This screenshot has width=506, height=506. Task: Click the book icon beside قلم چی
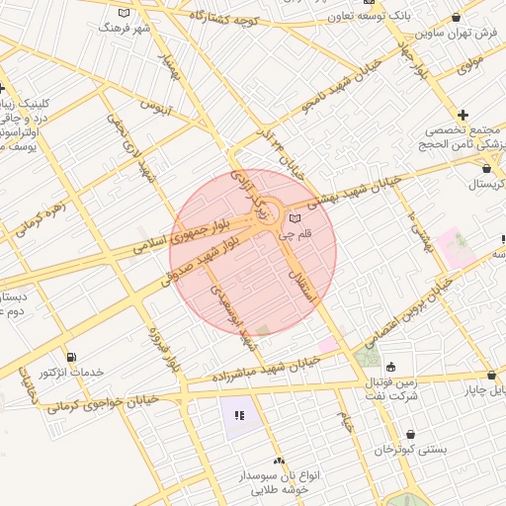[294, 217]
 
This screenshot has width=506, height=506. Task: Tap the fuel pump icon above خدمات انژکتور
[70, 357]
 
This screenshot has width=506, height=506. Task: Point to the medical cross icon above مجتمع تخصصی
[464, 116]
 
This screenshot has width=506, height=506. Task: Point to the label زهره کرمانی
[41, 220]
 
